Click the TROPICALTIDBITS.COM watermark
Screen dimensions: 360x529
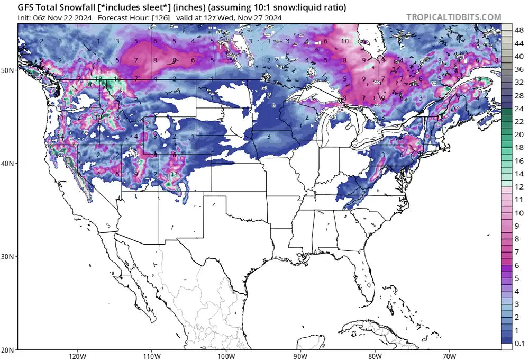pos(453,17)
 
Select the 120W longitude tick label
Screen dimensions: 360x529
pos(77,355)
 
